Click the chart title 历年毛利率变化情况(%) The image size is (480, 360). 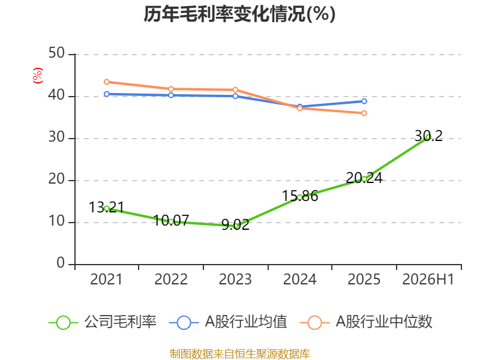[239, 14]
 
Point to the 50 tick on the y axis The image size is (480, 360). [56, 53]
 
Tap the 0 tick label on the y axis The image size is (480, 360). [61, 263]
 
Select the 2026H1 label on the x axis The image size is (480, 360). [428, 279]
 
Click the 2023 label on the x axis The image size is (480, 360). [235, 279]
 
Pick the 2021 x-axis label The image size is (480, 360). [106, 279]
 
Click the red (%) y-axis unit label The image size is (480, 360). [38, 76]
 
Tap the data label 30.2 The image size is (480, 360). [428, 136]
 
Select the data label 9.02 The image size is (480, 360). [235, 224]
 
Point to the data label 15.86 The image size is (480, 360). [300, 196]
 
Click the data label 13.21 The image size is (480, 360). [107, 207]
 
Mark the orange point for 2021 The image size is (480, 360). [107, 82]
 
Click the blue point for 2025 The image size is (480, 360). [364, 101]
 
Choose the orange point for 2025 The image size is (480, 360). [364, 113]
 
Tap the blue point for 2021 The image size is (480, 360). [107, 94]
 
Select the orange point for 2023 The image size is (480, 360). [235, 89]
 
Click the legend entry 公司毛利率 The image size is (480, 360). [103, 322]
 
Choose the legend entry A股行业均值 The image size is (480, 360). [228, 322]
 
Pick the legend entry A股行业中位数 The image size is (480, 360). [366, 322]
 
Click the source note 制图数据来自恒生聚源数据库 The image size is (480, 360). [240, 354]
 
